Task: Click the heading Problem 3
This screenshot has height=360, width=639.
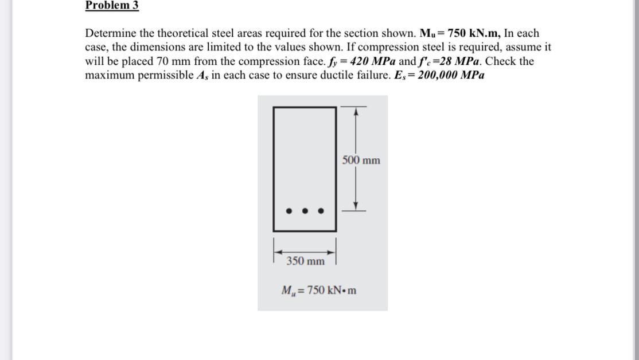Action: point(112,6)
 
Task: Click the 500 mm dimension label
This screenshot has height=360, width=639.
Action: point(361,160)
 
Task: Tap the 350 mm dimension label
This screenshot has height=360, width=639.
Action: point(305,261)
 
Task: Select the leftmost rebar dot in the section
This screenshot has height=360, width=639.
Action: point(289,211)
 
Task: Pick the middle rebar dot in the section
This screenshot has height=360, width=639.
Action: point(305,211)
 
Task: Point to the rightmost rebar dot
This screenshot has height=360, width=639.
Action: point(321,211)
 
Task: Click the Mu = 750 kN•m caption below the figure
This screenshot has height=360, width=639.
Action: point(318,290)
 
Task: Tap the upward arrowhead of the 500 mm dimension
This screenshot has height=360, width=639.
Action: point(356,112)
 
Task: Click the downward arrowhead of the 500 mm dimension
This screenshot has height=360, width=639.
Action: point(356,205)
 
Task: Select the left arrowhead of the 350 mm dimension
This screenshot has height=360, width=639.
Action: point(278,251)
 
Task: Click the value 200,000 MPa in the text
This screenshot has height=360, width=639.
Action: point(451,76)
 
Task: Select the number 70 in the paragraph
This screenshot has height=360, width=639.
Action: point(161,61)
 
